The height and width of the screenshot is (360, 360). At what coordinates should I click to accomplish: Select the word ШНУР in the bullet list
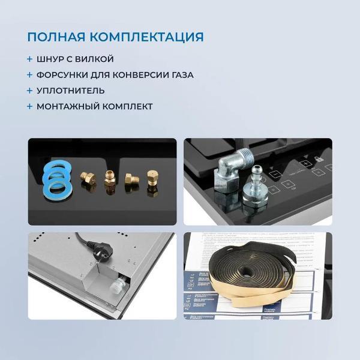click(x=52, y=59)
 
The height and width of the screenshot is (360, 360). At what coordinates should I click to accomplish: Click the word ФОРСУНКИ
click(x=62, y=75)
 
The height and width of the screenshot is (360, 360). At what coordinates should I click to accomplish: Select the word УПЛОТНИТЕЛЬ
click(x=70, y=91)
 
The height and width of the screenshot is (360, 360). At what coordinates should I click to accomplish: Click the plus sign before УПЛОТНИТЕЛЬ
click(x=29, y=91)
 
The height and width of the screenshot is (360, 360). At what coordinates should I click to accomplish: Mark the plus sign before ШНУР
click(x=29, y=59)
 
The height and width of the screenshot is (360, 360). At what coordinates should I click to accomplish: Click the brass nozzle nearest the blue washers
click(x=87, y=178)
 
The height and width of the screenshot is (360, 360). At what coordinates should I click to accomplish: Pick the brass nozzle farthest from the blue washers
click(x=152, y=180)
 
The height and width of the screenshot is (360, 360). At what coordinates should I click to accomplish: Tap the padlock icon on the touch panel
click(x=319, y=161)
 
